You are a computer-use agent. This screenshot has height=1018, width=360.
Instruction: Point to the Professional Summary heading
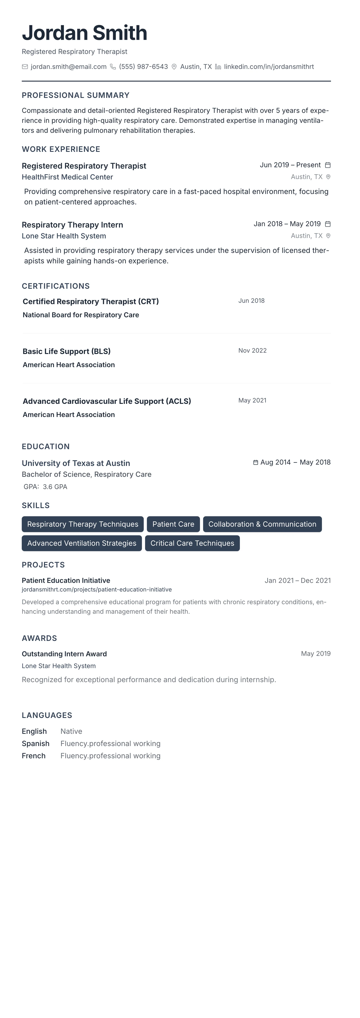click(75, 95)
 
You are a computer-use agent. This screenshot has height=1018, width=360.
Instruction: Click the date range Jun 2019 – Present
click(290, 165)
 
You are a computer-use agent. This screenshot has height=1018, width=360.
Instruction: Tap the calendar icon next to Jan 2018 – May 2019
click(328, 224)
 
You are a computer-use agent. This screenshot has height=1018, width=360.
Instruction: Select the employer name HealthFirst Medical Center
click(67, 177)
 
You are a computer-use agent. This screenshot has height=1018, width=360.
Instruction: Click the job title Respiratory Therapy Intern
click(72, 225)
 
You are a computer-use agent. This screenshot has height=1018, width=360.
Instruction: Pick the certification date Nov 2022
click(252, 351)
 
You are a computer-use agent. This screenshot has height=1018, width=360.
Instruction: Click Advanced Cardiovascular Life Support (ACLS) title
click(107, 401)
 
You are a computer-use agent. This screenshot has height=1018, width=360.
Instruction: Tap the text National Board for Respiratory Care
click(81, 315)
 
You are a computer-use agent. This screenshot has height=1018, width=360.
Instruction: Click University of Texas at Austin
click(76, 463)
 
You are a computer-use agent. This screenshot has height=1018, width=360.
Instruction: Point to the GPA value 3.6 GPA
click(55, 487)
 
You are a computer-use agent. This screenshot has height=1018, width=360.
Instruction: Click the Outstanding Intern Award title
click(64, 654)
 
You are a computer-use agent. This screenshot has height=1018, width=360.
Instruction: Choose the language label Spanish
click(36, 744)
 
